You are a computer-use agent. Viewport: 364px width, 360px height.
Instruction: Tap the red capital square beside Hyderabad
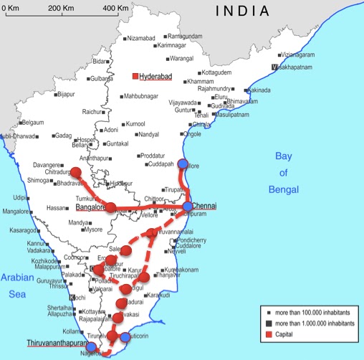(135, 76)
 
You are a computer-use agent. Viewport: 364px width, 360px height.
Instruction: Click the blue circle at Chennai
(187, 207)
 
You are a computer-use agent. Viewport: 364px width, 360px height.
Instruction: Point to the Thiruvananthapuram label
(56, 343)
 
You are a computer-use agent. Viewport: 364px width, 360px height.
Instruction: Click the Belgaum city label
(30, 123)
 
